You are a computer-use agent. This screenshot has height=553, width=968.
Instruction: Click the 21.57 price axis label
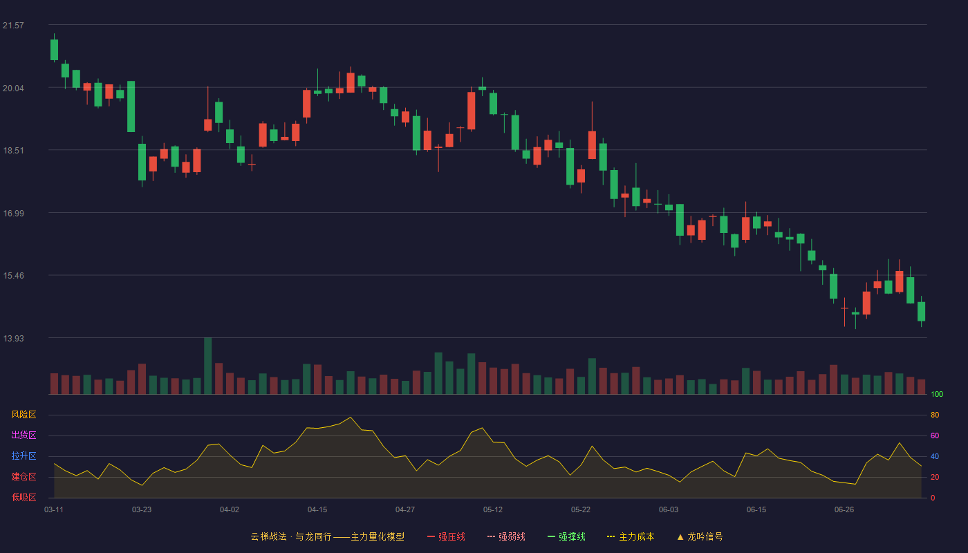pyautogui.click(x=13, y=26)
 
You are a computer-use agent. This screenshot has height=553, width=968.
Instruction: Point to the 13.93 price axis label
pyautogui.click(x=13, y=338)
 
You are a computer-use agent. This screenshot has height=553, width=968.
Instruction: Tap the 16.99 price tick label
pyautogui.click(x=13, y=214)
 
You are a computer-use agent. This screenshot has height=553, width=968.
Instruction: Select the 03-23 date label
pyautogui.click(x=142, y=510)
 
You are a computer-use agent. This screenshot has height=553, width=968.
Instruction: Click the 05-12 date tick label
pyautogui.click(x=492, y=510)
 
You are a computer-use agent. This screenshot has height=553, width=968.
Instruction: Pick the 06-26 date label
pyautogui.click(x=844, y=510)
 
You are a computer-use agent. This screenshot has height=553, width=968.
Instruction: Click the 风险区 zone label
pyautogui.click(x=24, y=415)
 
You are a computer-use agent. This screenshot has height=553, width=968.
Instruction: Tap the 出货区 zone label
pyautogui.click(x=24, y=435)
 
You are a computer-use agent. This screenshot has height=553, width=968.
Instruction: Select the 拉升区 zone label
pyautogui.click(x=24, y=456)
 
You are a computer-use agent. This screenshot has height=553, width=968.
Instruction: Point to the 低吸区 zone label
pyautogui.click(x=24, y=497)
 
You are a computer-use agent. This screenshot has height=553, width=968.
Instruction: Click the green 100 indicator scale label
pyautogui.click(x=937, y=394)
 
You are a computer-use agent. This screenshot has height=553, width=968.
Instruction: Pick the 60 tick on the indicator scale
pyautogui.click(x=935, y=435)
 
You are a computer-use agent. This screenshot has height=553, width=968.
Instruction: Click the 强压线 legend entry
pyautogui.click(x=446, y=536)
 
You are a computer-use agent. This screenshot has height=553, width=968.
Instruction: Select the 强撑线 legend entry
pyautogui.click(x=566, y=536)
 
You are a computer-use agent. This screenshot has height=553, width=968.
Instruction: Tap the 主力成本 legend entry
pyautogui.click(x=631, y=536)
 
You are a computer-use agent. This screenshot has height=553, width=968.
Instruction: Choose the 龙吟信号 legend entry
pyautogui.click(x=700, y=536)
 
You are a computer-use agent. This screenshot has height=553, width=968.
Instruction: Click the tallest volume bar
pyautogui.click(x=208, y=366)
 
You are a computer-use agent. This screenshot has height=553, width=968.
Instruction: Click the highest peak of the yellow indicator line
pyautogui.click(x=351, y=417)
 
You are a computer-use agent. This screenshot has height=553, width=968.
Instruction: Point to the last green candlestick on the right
pyautogui.click(x=921, y=312)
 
